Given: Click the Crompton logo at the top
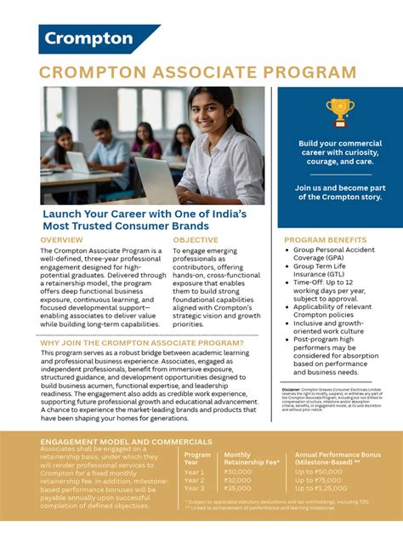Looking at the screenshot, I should click(88, 38).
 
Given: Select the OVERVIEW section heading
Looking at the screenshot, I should click(61, 241).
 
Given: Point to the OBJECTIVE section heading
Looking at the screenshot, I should click(196, 241).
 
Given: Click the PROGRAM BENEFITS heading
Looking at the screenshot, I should click(326, 241).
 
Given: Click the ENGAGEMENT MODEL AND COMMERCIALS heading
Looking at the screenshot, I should click(127, 442).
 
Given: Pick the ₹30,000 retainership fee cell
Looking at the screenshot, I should click(238, 471).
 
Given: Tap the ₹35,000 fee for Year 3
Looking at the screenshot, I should click(238, 489).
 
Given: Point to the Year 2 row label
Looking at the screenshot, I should click(195, 480).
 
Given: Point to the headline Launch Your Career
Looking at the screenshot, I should click(145, 220).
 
